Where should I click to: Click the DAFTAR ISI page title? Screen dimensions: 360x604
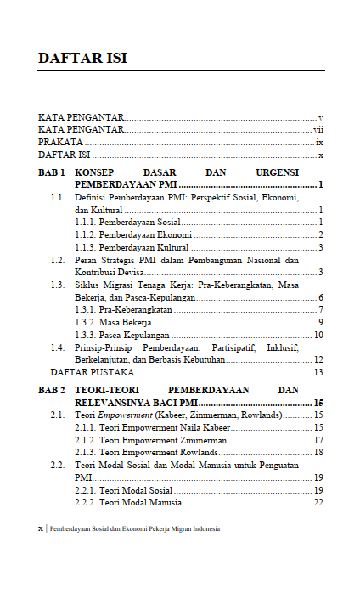(x=82, y=58)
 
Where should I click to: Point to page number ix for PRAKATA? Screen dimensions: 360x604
(x=320, y=143)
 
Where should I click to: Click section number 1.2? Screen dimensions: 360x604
(x=58, y=260)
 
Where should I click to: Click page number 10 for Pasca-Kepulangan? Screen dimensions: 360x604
(x=318, y=335)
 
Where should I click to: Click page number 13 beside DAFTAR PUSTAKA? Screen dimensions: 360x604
(x=318, y=372)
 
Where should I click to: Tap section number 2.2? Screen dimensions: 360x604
(x=58, y=466)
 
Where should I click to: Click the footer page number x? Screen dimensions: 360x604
(x=40, y=528)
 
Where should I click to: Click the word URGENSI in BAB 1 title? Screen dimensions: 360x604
(x=295, y=172)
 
